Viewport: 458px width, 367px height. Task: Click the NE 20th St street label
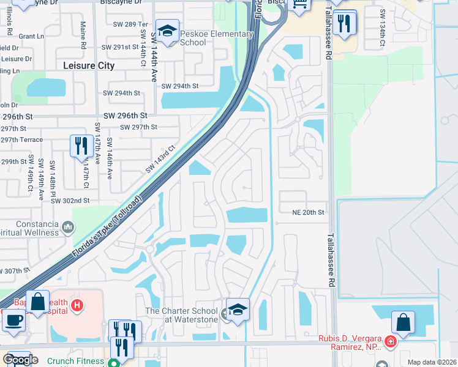(307, 212)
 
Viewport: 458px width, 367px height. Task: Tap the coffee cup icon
(13, 320)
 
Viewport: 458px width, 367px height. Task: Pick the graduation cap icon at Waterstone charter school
(238, 309)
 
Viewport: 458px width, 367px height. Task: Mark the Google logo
(20, 359)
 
